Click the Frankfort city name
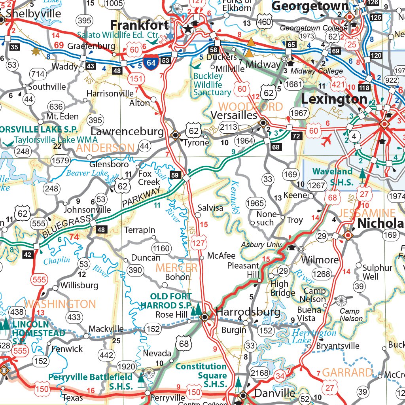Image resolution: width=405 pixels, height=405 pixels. (x=140, y=25)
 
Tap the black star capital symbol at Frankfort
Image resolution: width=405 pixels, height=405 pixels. (x=188, y=28)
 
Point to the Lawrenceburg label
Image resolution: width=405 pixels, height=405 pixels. (x=127, y=132)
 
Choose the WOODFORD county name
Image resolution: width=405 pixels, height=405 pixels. (x=251, y=107)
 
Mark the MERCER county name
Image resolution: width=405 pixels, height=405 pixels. (x=176, y=267)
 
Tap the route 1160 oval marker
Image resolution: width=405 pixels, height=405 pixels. (x=161, y=249)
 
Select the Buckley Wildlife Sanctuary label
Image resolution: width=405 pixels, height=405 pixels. (x=212, y=84)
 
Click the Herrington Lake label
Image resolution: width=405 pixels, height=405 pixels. (x=314, y=337)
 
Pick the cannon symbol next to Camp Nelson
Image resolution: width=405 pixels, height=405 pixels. (x=341, y=301)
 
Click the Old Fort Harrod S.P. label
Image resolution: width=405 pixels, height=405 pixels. (x=171, y=301)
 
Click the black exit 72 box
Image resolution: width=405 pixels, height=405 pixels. (x=297, y=136)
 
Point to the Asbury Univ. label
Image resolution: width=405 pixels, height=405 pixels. (x=261, y=245)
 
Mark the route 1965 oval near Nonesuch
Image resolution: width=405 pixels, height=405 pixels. (x=255, y=203)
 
